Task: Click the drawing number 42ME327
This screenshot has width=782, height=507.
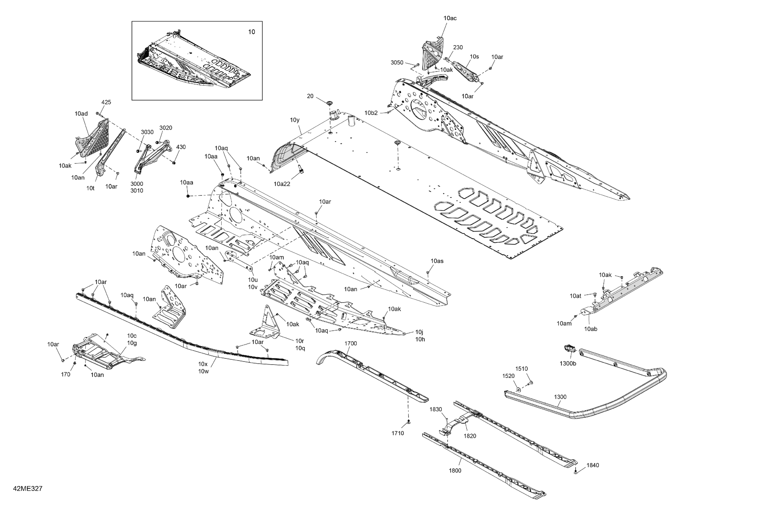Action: point(28,489)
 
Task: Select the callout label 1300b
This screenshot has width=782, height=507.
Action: point(568,364)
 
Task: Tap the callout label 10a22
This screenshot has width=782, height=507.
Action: point(282,184)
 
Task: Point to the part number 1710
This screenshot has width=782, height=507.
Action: point(398,433)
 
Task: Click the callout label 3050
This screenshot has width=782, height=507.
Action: point(397,62)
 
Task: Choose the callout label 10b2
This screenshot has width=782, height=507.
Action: point(371,113)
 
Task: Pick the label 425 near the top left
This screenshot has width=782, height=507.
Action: point(106,102)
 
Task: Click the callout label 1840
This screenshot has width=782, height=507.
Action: point(593,465)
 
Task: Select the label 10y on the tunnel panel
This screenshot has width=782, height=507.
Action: point(295,120)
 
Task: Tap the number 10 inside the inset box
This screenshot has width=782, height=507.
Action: point(251,32)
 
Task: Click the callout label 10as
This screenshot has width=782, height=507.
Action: point(437,261)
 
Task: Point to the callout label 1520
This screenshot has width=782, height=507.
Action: point(508,376)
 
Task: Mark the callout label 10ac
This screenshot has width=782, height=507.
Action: point(450,18)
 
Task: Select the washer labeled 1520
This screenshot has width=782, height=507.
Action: point(518,389)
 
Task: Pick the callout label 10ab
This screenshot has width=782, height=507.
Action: point(591,329)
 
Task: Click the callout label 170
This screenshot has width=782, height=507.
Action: point(66,374)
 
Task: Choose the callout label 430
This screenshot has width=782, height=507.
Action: point(181,147)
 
